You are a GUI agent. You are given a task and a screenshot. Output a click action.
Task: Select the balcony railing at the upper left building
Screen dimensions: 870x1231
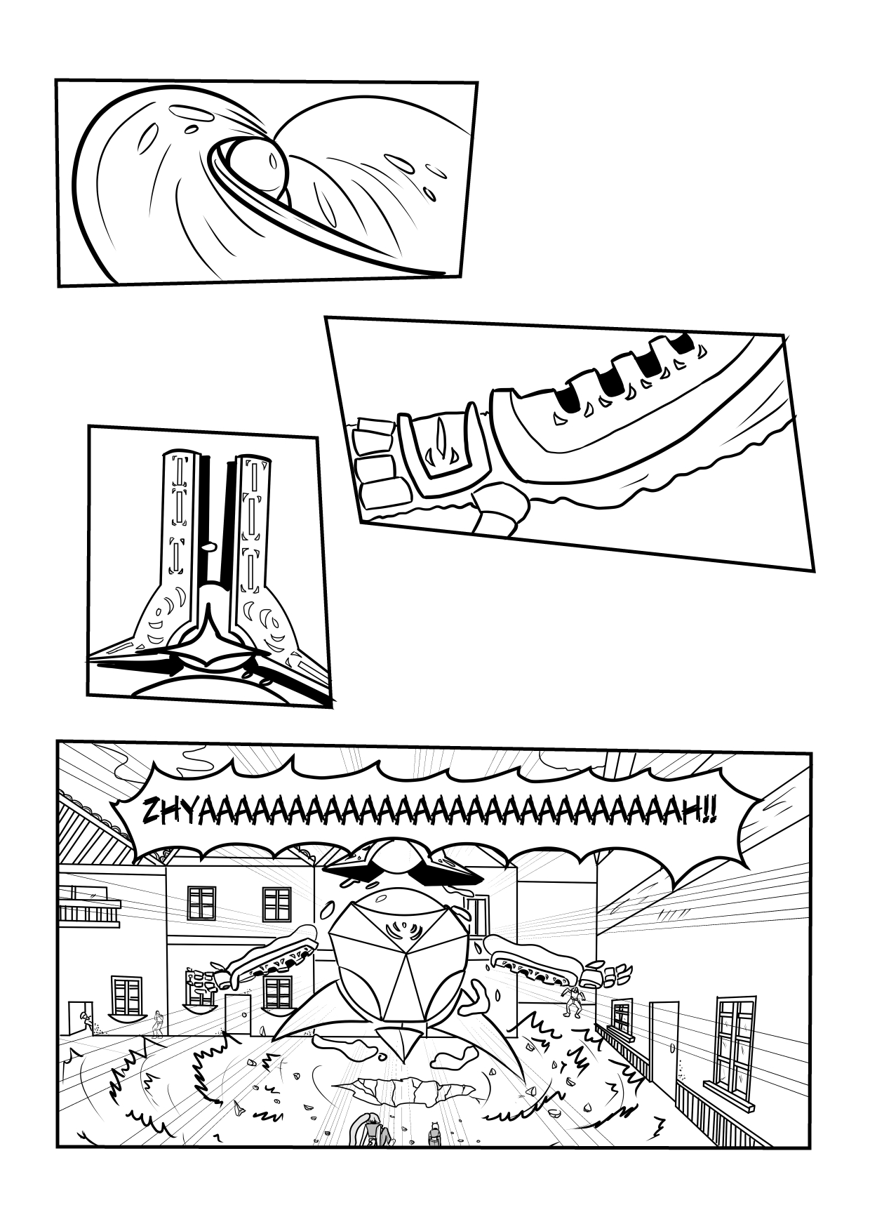point(88,911)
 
